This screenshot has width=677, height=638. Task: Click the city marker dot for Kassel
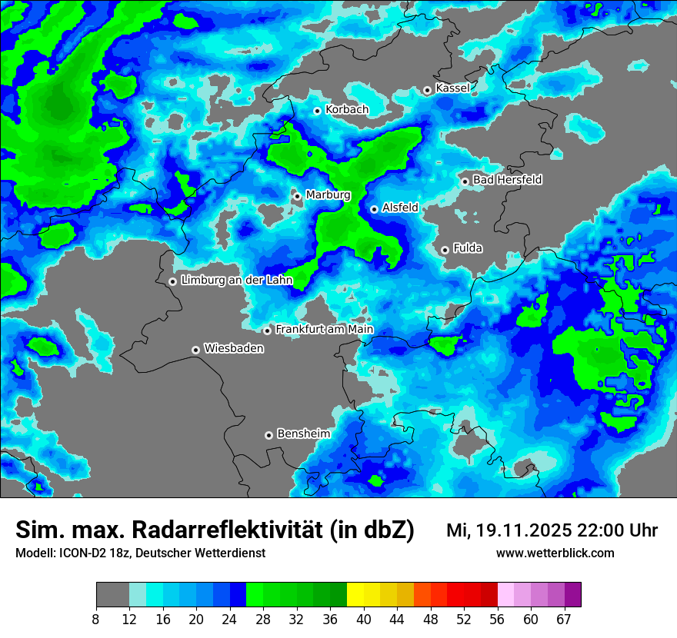(427, 90)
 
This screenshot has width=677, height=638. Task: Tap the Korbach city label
(347, 110)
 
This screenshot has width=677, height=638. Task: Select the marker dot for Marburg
(297, 196)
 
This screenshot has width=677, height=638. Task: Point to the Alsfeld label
(400, 208)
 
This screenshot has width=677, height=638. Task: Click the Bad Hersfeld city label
(507, 180)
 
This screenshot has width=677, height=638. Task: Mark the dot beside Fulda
(445, 250)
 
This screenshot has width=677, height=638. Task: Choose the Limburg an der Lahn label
(237, 281)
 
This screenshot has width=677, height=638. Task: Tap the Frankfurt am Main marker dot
(267, 331)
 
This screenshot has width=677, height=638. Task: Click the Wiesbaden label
(234, 349)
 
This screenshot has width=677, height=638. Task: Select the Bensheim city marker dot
(268, 435)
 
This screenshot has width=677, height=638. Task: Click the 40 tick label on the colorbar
(363, 619)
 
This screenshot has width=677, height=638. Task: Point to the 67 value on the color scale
(564, 619)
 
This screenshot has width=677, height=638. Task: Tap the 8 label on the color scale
(96, 619)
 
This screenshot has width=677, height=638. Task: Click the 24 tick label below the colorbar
(229, 619)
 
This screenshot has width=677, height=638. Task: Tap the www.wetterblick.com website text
(555, 553)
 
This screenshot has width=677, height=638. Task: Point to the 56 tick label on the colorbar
(497, 619)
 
